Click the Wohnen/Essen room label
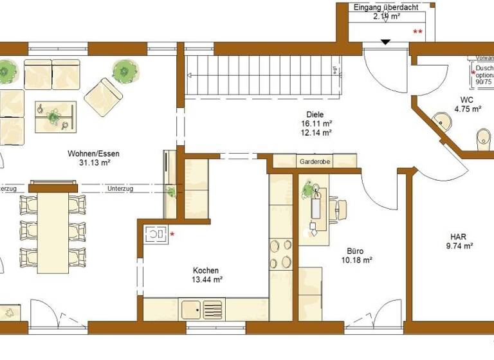coord(93,154)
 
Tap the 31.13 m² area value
coord(93,163)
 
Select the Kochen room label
coord(206,271)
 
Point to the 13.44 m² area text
coord(206,280)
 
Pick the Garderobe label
coord(315,162)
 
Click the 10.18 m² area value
coord(356,260)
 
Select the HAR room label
coord(459,236)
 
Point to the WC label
coord(467,100)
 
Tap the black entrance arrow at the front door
coord(385,42)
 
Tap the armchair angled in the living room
coord(103,96)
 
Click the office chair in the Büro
coord(339,209)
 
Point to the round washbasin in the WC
coord(441,120)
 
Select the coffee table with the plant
coord(55,117)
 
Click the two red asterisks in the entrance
coord(417,32)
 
